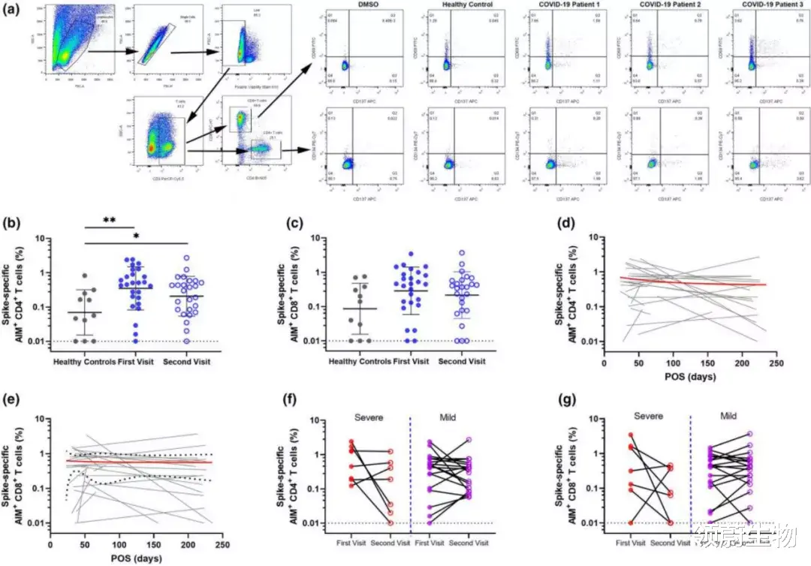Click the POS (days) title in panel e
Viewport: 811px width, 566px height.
(x=127, y=558)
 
